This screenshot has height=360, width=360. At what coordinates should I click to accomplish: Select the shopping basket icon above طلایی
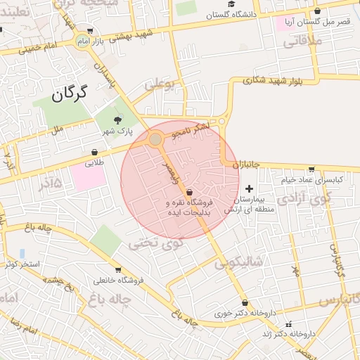[94, 152]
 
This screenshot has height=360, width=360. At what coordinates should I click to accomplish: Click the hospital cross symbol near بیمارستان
[249, 189]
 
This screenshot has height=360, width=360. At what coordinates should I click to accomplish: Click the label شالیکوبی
[238, 263]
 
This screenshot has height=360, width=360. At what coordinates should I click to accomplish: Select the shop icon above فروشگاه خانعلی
[117, 270]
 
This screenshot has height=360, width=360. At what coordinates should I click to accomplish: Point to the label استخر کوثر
[22, 264]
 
